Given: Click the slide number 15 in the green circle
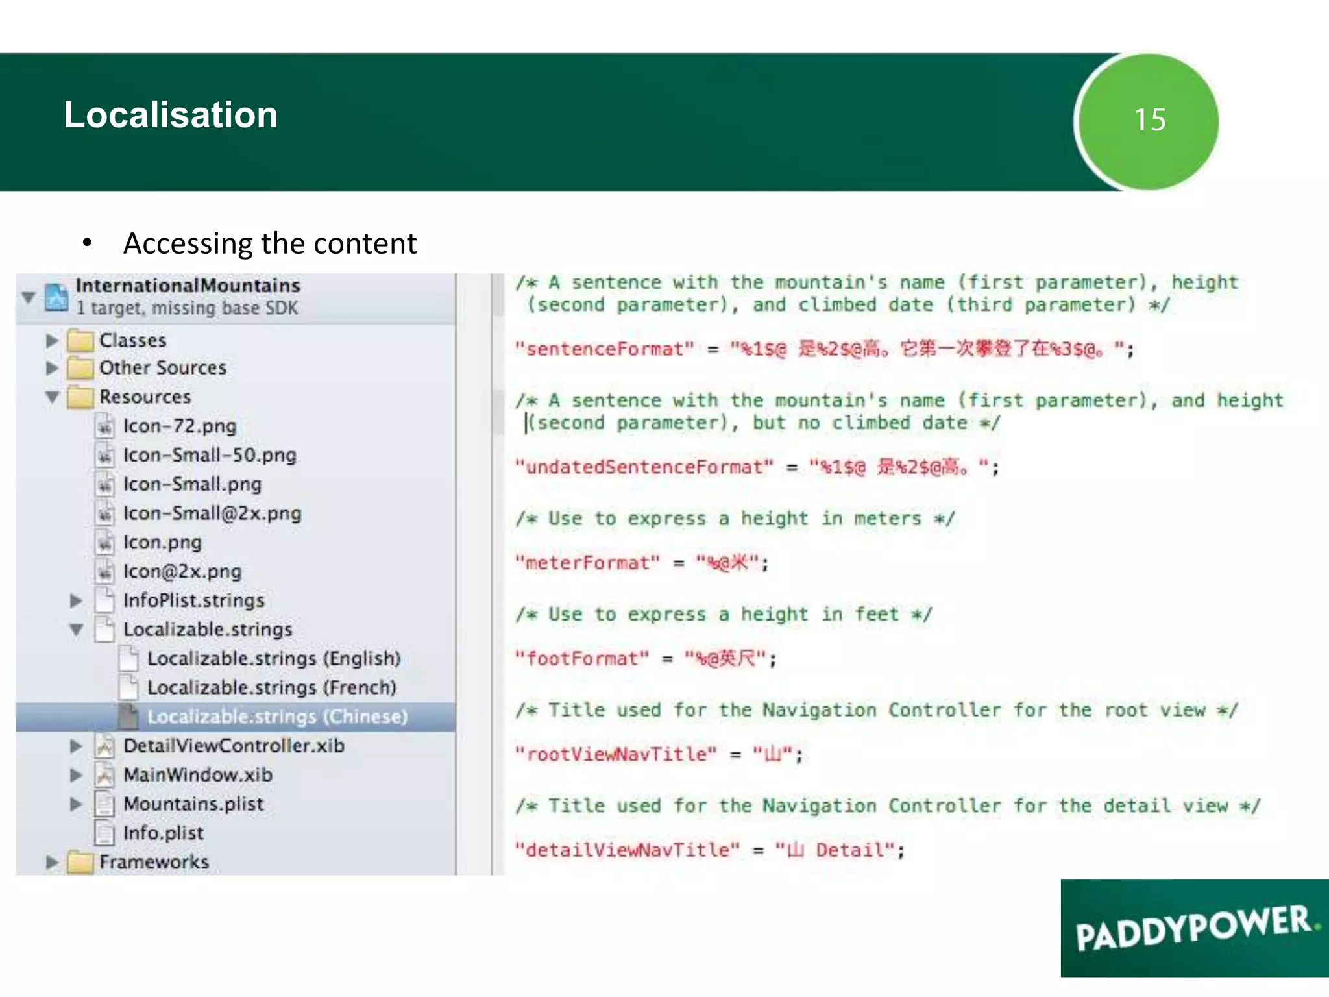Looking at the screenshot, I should click(x=1149, y=120).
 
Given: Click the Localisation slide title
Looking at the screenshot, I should click(x=171, y=115).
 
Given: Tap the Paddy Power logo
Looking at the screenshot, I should click(x=1194, y=928).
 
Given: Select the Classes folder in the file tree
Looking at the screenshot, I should click(x=132, y=340).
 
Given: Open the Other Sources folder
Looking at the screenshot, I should click(x=162, y=368).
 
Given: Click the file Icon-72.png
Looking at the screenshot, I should click(x=180, y=426).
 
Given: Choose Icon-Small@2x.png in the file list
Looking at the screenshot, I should click(x=212, y=513).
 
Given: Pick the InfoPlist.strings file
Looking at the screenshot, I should click(x=193, y=600).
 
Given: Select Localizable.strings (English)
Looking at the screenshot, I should click(x=273, y=659).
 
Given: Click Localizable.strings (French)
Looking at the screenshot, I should click(x=271, y=687).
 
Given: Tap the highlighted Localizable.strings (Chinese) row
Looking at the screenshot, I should click(x=277, y=717).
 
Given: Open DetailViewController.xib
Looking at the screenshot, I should click(x=234, y=746).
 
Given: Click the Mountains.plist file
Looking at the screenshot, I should click(x=193, y=804).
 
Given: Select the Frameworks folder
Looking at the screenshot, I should click(x=154, y=862).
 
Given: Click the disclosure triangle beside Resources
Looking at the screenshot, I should click(x=53, y=397).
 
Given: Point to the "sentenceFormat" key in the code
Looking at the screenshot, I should click(x=604, y=350).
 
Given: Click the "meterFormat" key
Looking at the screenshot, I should click(x=587, y=563).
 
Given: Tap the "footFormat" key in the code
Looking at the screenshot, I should click(x=582, y=659).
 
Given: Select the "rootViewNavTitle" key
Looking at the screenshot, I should click(x=616, y=754).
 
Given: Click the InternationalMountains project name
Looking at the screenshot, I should click(x=188, y=286).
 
